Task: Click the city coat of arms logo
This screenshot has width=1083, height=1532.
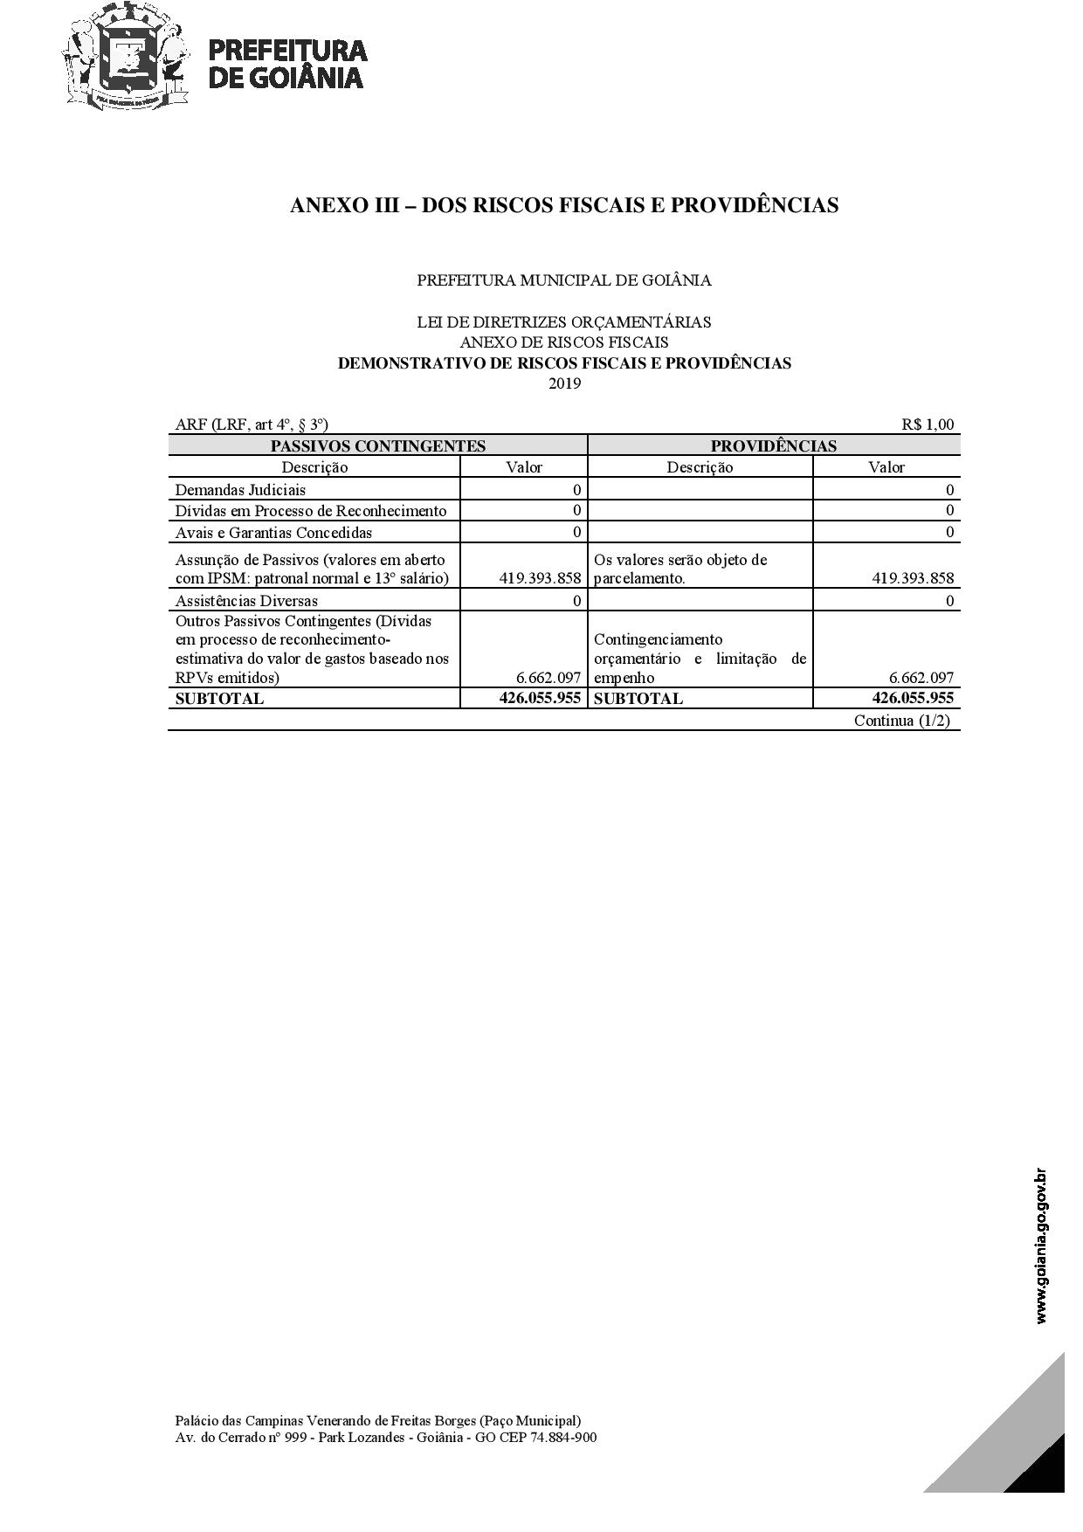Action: [x=126, y=58]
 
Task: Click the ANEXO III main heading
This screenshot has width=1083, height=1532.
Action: [x=564, y=205]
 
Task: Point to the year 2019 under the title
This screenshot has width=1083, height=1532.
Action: [x=564, y=383]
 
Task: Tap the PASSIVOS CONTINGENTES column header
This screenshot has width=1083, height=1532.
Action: [x=377, y=445]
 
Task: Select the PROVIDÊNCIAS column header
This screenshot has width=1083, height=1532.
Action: [x=773, y=445]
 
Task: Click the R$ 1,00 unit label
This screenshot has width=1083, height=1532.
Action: [x=928, y=424]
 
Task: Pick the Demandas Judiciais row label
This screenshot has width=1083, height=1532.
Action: [x=240, y=490]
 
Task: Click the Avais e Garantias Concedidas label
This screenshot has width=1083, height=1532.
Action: [x=273, y=532]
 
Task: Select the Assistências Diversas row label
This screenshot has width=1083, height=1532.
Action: [x=246, y=600]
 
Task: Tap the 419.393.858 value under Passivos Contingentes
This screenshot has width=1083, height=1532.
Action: [x=540, y=577]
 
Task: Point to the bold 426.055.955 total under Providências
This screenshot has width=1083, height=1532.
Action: [x=913, y=698]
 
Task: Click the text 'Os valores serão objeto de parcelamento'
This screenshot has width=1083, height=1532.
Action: [x=679, y=569]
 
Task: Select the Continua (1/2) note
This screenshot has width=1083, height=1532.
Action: [x=901, y=721]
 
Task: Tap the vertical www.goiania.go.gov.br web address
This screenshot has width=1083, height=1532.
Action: [x=1041, y=1246]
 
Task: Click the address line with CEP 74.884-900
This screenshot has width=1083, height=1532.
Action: [x=386, y=1438]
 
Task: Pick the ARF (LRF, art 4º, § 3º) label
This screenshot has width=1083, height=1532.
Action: [x=252, y=424]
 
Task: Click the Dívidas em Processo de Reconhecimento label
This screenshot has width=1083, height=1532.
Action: [x=310, y=511]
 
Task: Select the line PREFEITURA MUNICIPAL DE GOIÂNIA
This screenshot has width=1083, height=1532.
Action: [x=564, y=280]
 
